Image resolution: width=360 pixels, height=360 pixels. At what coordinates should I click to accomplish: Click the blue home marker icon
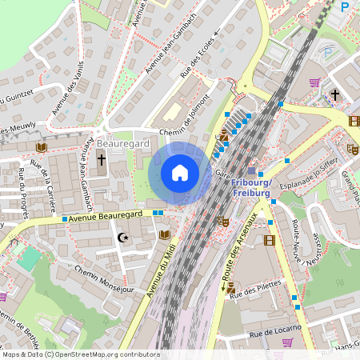[180, 173]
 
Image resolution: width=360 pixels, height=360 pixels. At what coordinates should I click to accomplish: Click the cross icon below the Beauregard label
[102, 160]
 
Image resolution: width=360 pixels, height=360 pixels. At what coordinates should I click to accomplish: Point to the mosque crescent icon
[122, 238]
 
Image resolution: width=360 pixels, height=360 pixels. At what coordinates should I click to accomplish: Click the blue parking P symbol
[345, 6]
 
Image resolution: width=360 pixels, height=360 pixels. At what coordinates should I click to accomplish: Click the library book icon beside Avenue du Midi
[165, 234]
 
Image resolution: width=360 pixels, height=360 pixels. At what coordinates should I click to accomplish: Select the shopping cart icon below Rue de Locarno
[287, 342]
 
